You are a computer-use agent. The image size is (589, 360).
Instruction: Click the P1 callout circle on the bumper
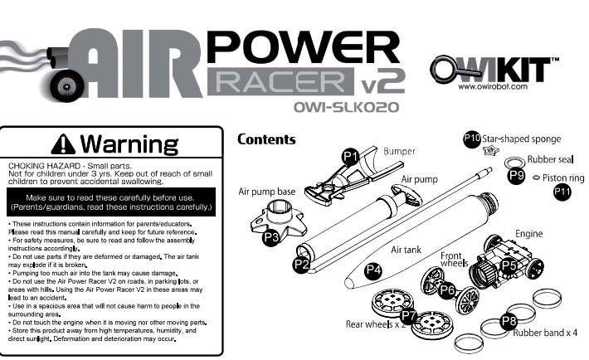coord(350,156)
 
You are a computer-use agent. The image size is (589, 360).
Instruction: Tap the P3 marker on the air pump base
coord(270,237)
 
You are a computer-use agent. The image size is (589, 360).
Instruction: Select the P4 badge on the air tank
coord(373,270)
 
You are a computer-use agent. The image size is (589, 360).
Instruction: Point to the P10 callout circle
coord(472,139)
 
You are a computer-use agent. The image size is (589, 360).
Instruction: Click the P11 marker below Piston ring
coord(562,192)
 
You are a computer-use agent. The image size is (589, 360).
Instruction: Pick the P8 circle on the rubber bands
coord(509,321)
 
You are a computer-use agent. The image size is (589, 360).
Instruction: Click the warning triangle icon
coord(63,144)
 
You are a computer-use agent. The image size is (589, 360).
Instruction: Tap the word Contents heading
coord(266,139)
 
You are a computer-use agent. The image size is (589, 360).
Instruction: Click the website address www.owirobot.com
coord(493,86)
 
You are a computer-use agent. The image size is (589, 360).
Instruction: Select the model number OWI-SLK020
coord(346,107)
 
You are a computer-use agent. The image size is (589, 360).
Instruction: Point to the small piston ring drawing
coord(536,178)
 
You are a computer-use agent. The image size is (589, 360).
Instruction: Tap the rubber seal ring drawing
coord(514,162)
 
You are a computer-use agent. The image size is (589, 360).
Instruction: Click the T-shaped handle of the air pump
coord(406,193)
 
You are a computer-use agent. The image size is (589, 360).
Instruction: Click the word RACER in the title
coord(280,81)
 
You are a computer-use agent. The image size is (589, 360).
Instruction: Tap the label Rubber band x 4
coord(545,333)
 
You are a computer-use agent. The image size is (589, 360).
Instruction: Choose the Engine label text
coord(529,234)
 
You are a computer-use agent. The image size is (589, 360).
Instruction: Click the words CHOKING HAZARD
coord(44,166)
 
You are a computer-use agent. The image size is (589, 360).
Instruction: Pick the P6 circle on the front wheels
coord(447,289)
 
